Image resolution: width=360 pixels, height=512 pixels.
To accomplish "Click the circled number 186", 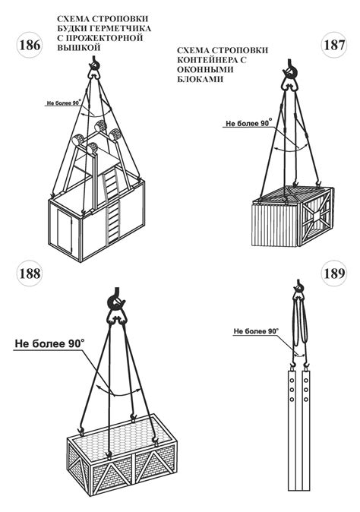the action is tap(30, 45).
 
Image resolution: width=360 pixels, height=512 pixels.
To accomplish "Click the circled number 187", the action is tap(334, 45).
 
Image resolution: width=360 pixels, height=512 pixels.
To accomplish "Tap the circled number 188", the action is tap(30, 273).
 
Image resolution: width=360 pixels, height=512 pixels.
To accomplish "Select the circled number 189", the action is tap(334, 273).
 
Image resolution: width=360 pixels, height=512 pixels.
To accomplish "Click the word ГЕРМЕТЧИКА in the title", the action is tap(122, 28).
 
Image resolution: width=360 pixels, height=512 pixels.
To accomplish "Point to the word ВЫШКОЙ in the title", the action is tap(78, 47).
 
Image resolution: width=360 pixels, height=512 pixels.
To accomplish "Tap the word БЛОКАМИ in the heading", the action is tap(200, 79).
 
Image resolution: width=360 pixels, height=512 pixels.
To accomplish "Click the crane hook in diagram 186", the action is tap(94, 65).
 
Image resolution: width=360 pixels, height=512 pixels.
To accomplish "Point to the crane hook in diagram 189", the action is tap(298, 286).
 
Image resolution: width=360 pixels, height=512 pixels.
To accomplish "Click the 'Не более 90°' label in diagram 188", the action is tap(49, 343).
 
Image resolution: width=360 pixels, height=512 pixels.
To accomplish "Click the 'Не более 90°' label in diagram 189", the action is tap(256, 331).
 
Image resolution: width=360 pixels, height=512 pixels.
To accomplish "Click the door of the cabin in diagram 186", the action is tap(65, 230).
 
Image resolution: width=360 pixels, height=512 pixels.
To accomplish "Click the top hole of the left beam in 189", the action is tap(292, 381).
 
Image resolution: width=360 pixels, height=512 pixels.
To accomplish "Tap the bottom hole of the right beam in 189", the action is tap(306, 399).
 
